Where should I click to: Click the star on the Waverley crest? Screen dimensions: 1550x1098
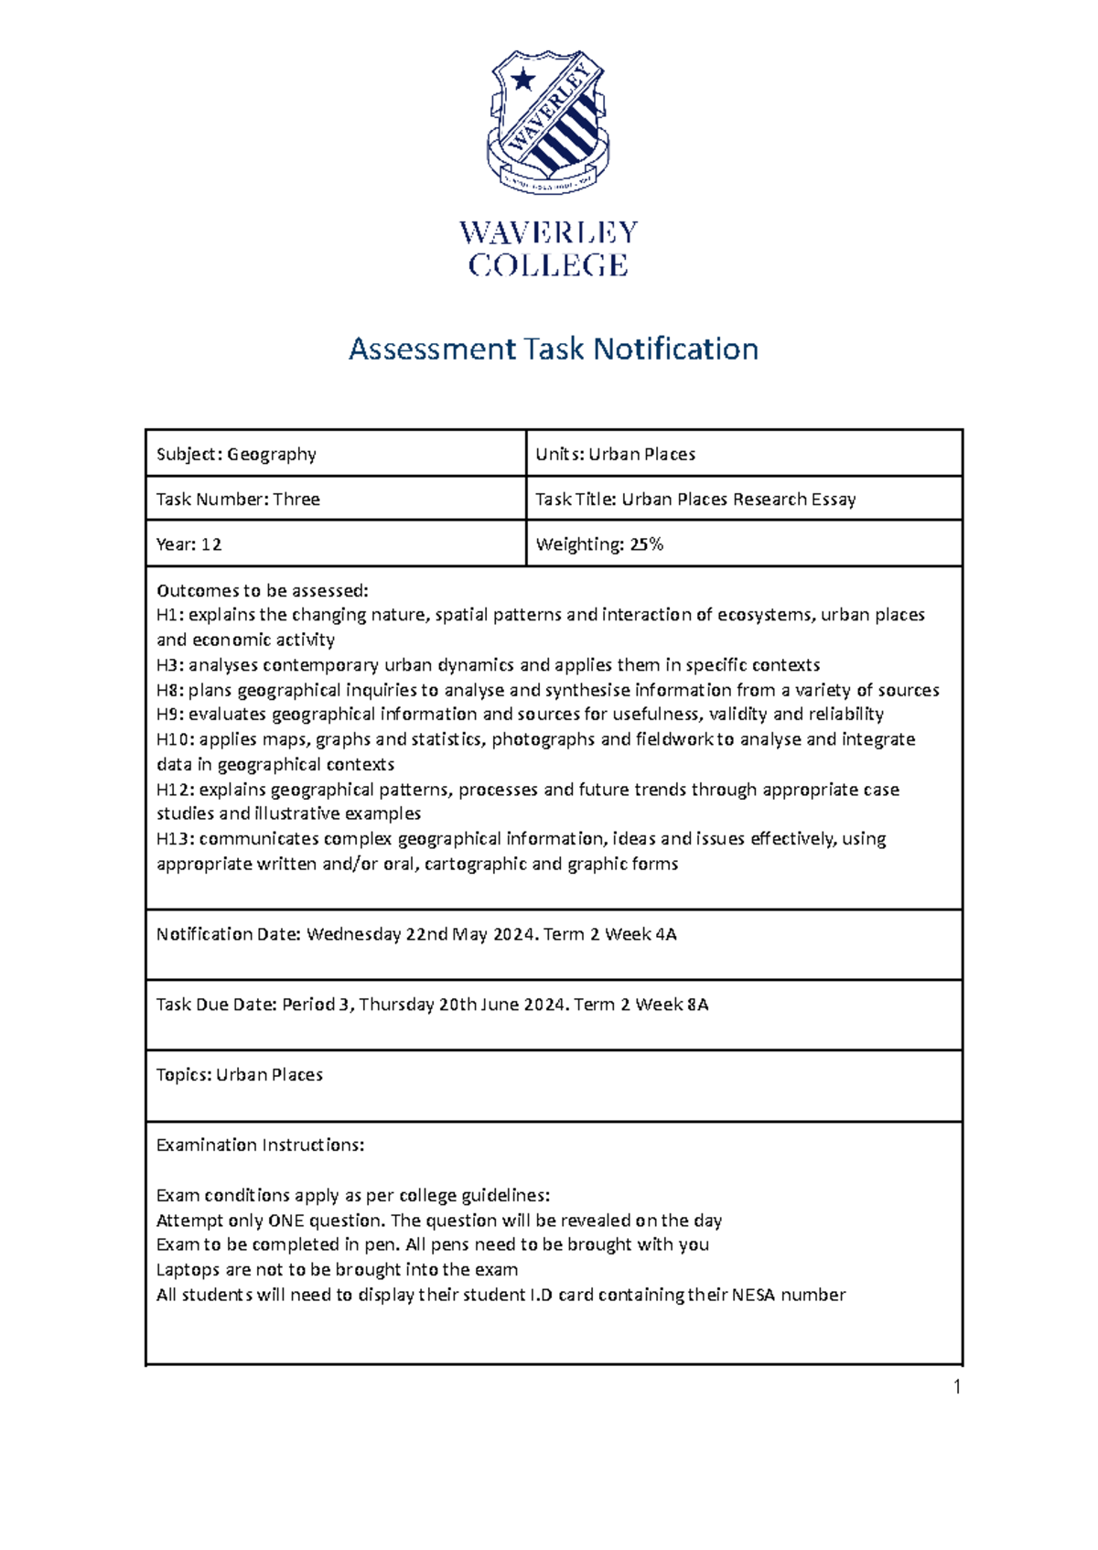[522, 80]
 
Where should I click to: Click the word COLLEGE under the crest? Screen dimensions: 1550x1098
[548, 265]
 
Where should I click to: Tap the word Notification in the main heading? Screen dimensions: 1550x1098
[675, 349]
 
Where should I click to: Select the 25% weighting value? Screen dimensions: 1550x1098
[646, 544]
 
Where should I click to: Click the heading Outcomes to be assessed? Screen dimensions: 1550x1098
[262, 590]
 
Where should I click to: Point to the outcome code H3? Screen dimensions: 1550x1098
[169, 665]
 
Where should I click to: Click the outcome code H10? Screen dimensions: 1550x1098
[174, 739]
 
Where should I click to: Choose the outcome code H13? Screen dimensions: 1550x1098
[174, 839]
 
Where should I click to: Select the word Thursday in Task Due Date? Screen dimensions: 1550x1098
[396, 1005]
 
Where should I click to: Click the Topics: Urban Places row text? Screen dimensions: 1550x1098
[239, 1075]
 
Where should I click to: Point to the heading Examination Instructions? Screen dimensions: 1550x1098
[260, 1146]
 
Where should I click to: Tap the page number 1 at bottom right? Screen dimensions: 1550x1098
[957, 1387]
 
